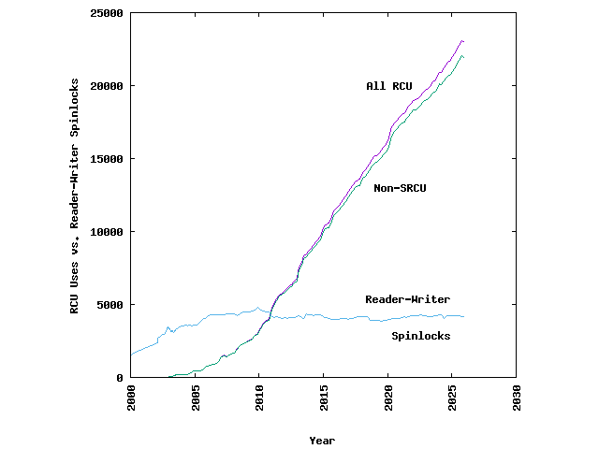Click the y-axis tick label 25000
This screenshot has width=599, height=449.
pos(107,13)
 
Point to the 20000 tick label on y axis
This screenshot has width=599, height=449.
pos(107,86)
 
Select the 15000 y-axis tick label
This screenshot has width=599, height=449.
pos(107,159)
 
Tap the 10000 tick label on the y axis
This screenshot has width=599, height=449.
pos(107,232)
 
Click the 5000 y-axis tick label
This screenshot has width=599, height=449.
pos(110,305)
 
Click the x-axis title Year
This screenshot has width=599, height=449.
pos(322,441)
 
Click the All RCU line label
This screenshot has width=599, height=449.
pos(388,86)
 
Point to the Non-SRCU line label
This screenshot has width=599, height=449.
pos(400,189)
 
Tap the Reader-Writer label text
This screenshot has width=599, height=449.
pos(407,299)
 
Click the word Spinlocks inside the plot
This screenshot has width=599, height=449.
pos(420,336)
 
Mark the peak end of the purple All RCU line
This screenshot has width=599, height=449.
pos(462,41)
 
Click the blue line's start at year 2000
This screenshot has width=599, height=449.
pos(131,355)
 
